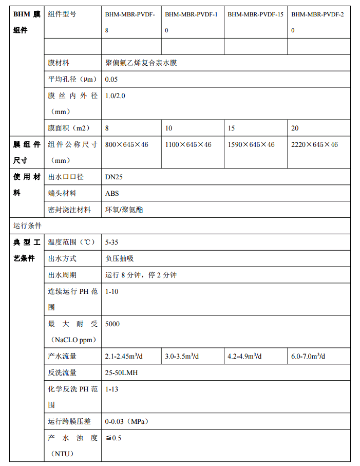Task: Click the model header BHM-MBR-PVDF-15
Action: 255,14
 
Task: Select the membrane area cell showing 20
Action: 295,128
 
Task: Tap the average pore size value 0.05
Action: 111,79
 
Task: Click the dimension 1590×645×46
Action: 251,145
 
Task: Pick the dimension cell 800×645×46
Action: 126,145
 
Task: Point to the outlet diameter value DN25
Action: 114,177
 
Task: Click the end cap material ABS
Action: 111,193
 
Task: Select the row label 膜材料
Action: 59,63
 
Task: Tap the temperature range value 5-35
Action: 112,241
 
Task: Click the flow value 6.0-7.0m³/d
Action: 308,356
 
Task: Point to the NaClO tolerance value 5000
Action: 112,324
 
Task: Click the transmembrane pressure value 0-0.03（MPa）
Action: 126,421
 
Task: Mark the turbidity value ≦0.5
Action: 113,438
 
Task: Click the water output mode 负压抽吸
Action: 120,258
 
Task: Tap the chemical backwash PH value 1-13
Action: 111,389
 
